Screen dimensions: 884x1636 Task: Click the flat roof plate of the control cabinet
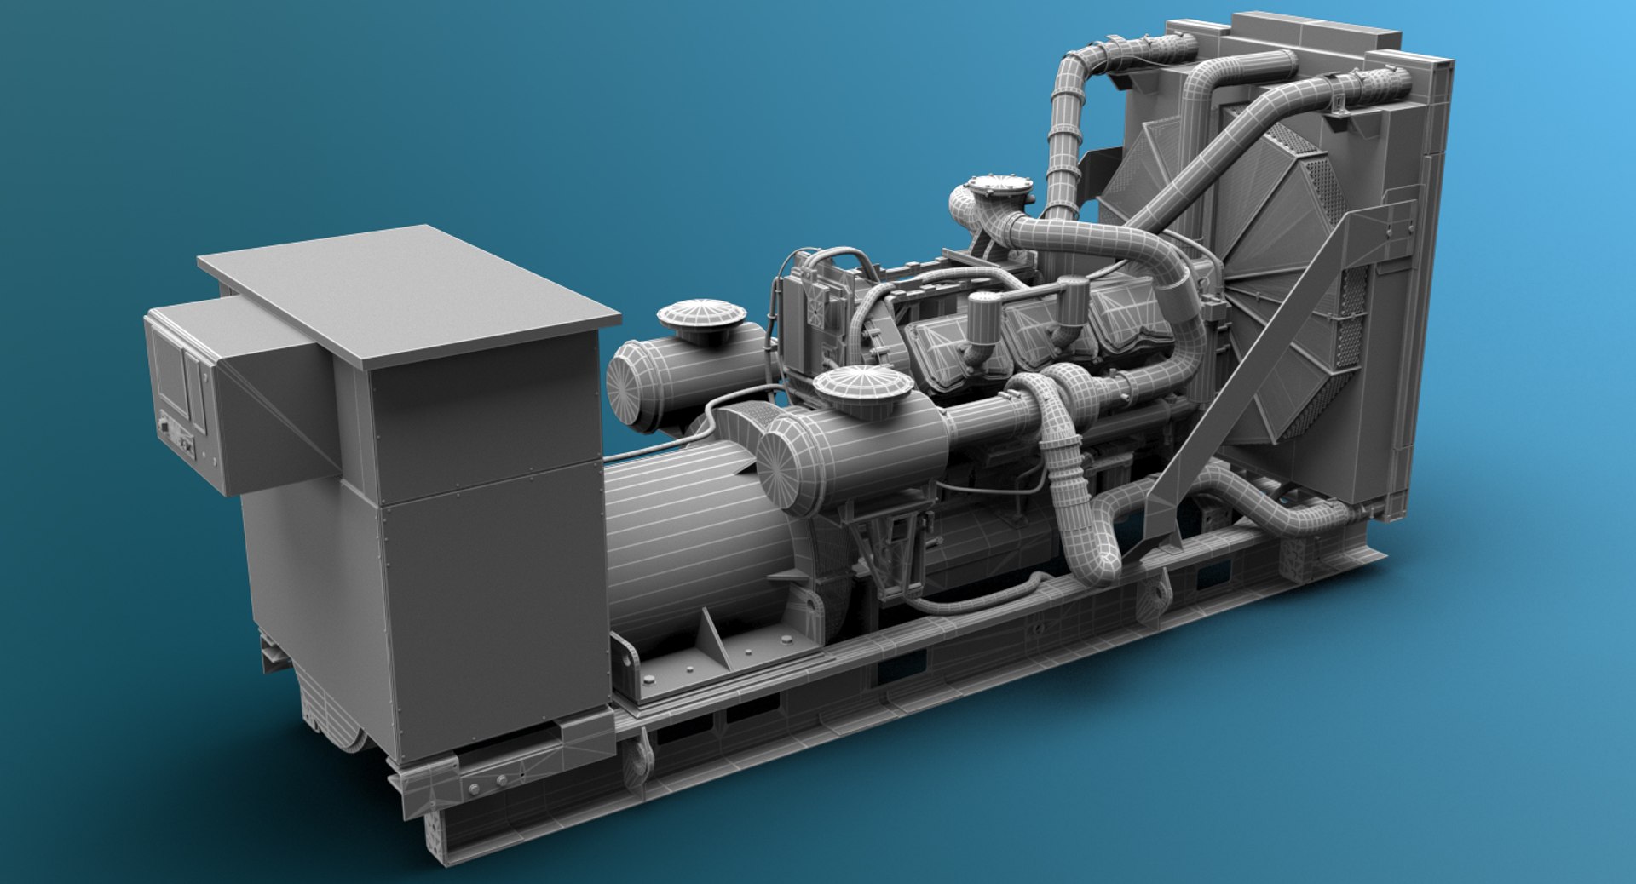click(x=409, y=290)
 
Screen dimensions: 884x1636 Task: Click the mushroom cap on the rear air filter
click(x=701, y=316)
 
